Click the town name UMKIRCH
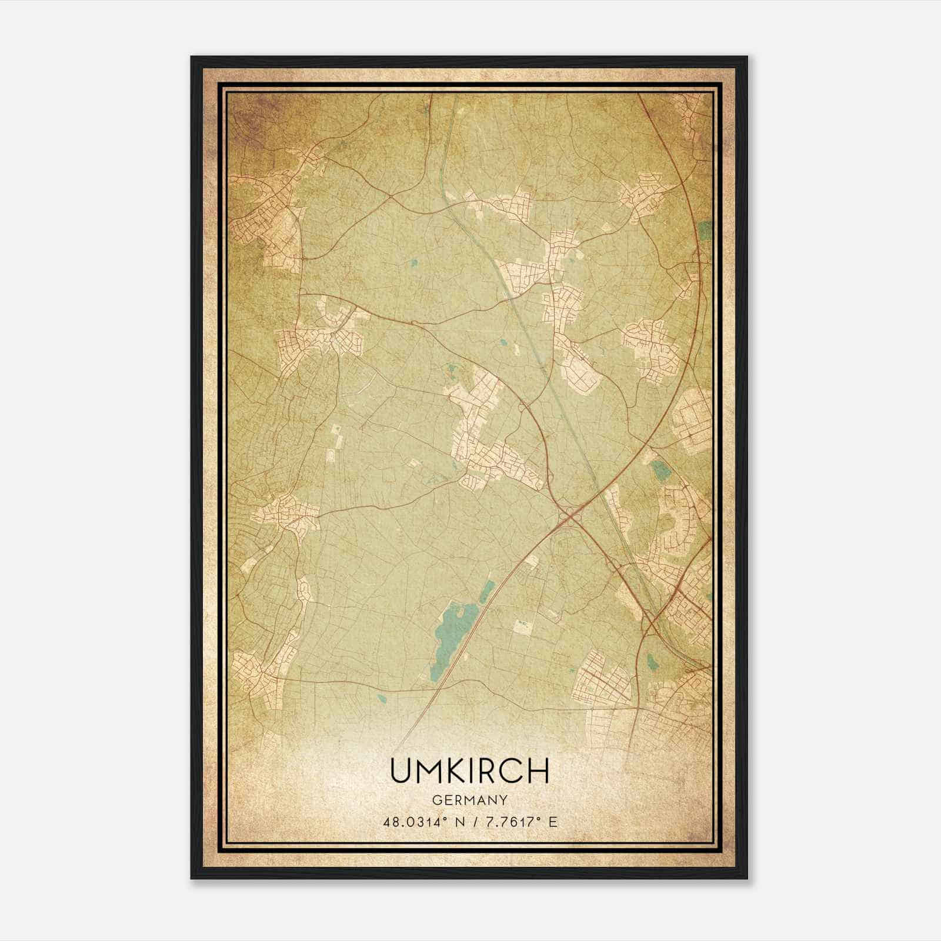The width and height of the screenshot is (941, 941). [x=469, y=770]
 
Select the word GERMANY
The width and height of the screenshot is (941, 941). [x=469, y=800]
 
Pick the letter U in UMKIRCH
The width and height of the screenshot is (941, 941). [x=399, y=770]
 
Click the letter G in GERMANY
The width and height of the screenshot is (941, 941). [x=436, y=800]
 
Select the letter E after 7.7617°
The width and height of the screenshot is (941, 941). [x=552, y=822]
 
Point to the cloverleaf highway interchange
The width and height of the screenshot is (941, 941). [x=569, y=516]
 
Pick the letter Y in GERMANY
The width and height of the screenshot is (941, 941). [x=503, y=800]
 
